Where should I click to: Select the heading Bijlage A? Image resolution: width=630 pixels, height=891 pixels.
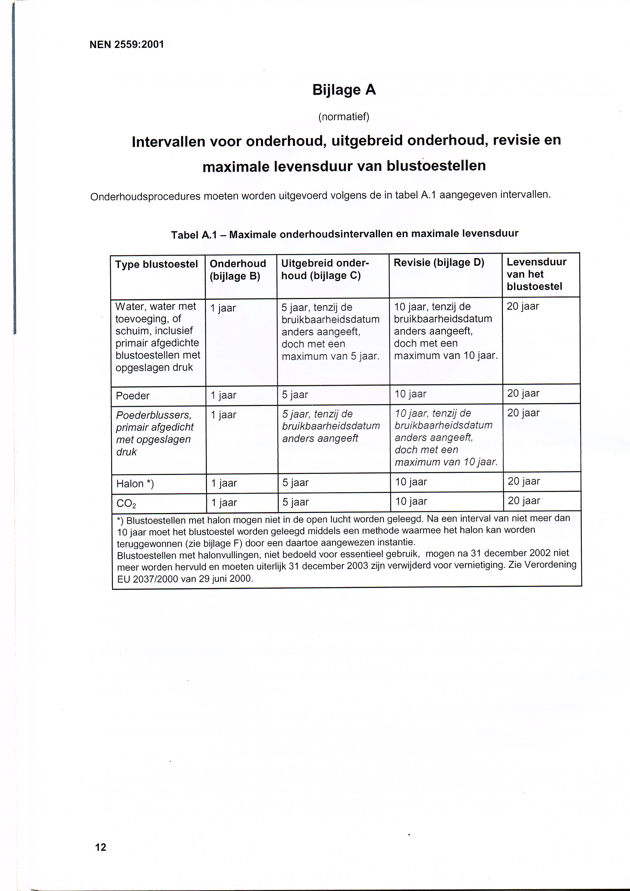(x=344, y=90)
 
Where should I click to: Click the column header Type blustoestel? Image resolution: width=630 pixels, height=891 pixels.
(x=156, y=264)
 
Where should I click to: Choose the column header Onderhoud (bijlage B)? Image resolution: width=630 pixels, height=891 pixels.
(x=237, y=270)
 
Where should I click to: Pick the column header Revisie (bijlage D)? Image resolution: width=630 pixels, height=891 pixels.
(x=439, y=263)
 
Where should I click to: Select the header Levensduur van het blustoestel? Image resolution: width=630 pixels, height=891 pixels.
(x=536, y=274)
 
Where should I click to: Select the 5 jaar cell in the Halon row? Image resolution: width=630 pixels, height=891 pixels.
(x=295, y=483)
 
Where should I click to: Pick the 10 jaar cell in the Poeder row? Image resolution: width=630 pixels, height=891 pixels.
(x=410, y=394)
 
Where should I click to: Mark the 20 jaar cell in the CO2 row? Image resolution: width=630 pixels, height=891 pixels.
(x=524, y=501)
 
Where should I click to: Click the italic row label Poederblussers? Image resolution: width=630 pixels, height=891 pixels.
(x=154, y=415)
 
